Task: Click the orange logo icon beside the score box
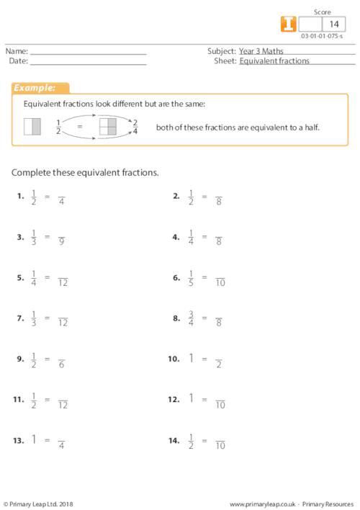[287, 24]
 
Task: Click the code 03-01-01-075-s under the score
[322, 36]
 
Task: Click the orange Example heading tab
[40, 88]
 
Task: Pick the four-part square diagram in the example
[107, 127]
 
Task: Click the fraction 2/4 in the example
[135, 127]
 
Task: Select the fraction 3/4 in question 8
[191, 318]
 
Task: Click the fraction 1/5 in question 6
[191, 277]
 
